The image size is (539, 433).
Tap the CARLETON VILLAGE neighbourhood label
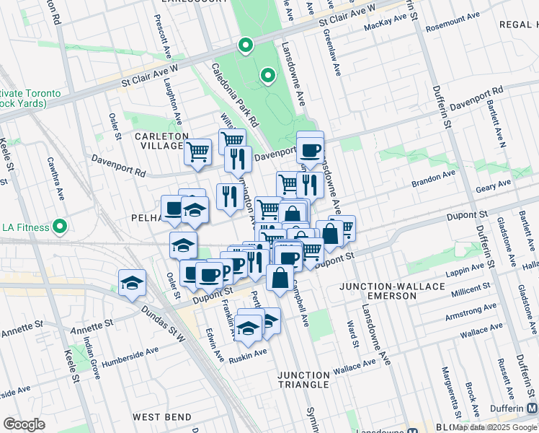point(160,141)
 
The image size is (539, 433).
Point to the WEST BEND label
point(162,417)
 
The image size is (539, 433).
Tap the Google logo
point(24,424)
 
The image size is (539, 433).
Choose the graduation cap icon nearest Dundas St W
point(133,282)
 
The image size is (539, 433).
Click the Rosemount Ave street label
point(453,27)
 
